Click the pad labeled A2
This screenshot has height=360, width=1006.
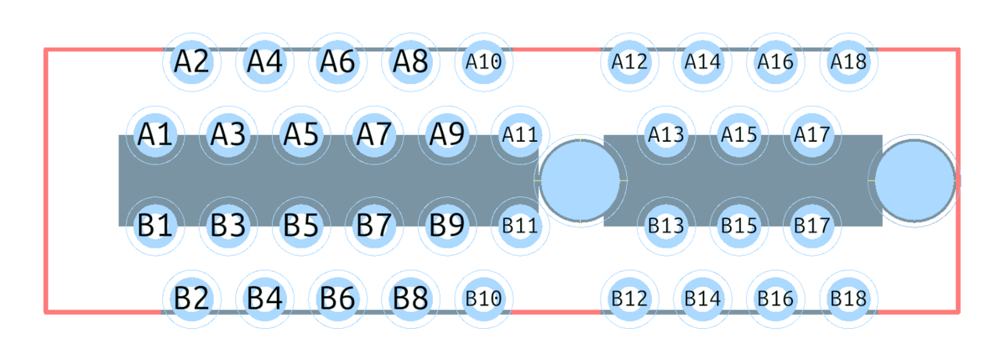coord(192,62)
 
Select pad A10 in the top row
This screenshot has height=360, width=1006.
coord(484,62)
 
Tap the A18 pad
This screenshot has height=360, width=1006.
coord(849,62)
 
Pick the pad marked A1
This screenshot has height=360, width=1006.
coord(155,135)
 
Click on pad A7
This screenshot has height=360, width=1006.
coord(374,135)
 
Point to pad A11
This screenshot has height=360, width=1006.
coord(520,135)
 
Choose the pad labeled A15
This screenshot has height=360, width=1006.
coord(739,135)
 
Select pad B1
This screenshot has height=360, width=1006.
coord(155,226)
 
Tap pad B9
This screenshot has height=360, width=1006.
coord(447,226)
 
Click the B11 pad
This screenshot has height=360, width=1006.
coord(520,226)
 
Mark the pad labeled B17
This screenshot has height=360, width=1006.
coord(812,226)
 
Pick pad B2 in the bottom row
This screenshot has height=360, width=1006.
coord(192,299)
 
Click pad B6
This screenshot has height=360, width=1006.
coord(337,299)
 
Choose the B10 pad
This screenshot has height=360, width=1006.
coord(484,299)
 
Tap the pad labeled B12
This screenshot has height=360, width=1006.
coord(629,299)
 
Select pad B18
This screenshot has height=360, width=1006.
coord(849,299)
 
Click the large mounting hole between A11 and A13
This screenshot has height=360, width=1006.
coord(579,181)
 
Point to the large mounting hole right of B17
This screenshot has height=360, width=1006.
coord(915,181)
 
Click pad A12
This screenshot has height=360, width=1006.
coord(629,62)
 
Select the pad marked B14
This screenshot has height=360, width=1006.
coord(702,299)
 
